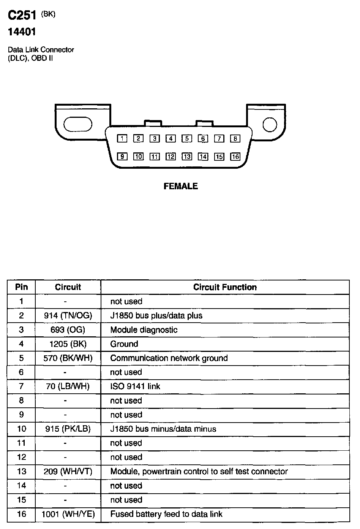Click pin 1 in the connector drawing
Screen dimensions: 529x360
(122, 139)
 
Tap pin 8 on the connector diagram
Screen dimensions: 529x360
(235, 139)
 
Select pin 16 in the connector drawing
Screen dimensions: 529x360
(235, 157)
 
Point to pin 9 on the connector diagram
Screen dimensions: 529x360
(122, 157)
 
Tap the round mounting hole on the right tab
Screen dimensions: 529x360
(270, 125)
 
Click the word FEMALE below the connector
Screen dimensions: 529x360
(181, 186)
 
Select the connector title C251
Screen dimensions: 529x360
(22, 15)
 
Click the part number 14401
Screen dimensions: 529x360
(22, 32)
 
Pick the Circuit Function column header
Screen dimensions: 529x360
(225, 287)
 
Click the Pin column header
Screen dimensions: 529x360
(21, 287)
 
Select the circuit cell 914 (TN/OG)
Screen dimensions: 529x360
(68, 315)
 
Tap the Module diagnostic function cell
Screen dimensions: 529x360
(144, 330)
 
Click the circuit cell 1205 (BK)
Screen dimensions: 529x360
(68, 344)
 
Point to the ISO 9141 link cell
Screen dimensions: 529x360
(135, 386)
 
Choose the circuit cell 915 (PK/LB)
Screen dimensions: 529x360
(68, 429)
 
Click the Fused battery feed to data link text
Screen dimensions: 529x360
(166, 514)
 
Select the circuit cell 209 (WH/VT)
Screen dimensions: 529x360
(68, 472)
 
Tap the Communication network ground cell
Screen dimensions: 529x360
(169, 358)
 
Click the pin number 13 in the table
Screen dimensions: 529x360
(21, 472)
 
